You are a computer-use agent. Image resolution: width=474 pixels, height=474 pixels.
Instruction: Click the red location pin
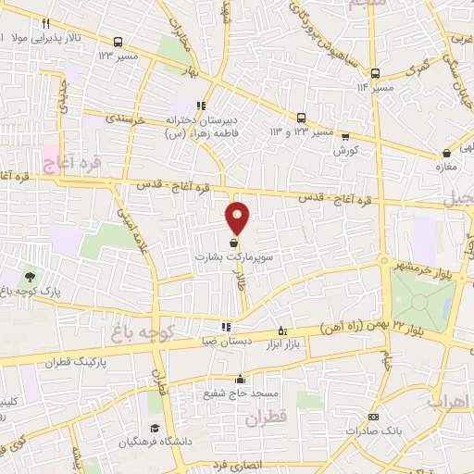tap(238, 217)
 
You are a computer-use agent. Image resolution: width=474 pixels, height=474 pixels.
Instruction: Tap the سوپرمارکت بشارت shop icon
tap(232, 243)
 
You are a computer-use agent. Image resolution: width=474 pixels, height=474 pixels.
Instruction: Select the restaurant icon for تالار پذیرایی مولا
tap(44, 22)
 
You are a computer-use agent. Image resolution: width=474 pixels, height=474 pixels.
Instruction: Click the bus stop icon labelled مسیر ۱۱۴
tap(375, 74)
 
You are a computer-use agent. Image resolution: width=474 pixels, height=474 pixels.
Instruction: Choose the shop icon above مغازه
tap(447, 153)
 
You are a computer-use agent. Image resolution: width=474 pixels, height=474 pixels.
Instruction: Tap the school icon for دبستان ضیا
tap(226, 327)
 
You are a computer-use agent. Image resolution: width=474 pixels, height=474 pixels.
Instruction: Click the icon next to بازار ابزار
tap(282, 331)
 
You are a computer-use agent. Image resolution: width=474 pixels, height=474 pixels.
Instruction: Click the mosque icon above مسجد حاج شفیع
tap(241, 379)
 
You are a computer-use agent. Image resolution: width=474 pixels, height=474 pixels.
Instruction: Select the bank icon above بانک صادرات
tap(372, 418)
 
